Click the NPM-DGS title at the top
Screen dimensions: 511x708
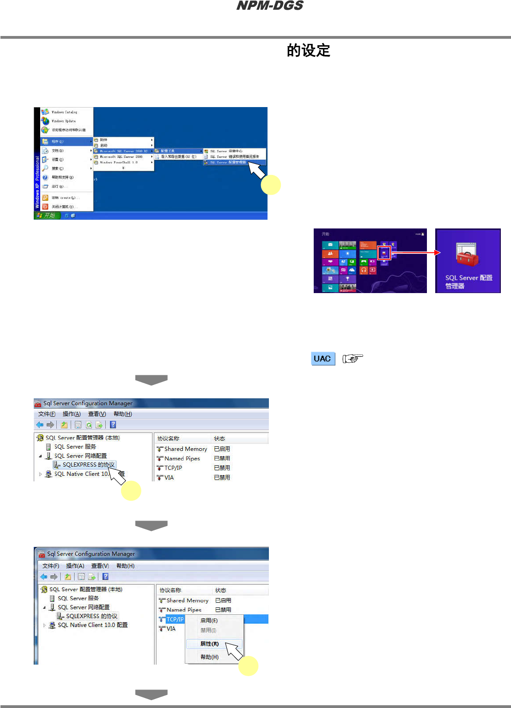[270, 6]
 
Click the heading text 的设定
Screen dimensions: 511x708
[308, 50]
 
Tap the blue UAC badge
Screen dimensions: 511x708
[322, 359]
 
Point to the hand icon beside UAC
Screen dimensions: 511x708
[353, 359]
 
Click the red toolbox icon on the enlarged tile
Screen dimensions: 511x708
[467, 255]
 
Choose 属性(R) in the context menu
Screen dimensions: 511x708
[209, 644]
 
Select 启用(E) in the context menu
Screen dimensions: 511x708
[209, 620]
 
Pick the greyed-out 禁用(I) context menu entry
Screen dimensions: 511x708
[208, 630]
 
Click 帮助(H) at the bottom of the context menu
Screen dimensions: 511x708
[209, 657]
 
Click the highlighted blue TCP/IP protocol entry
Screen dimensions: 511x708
[175, 619]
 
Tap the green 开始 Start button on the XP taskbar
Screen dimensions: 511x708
[47, 216]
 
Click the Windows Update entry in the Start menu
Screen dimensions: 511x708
[63, 121]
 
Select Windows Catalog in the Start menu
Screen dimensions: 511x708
[64, 112]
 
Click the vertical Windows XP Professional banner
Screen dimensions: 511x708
[37, 182]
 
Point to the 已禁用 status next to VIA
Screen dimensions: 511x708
[222, 478]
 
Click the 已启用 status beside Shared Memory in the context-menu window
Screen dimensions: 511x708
[223, 600]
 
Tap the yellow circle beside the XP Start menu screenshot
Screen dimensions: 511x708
[271, 185]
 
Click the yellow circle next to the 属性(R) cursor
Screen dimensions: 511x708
[248, 666]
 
